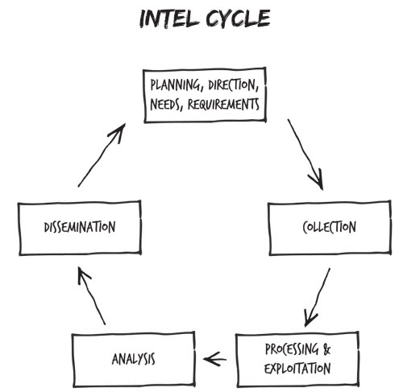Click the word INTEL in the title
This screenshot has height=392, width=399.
(x=168, y=19)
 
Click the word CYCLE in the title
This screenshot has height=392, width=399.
(x=238, y=19)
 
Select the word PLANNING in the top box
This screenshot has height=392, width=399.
(x=175, y=85)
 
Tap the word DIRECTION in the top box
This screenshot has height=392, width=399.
(x=231, y=85)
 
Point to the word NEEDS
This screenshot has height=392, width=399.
(x=164, y=104)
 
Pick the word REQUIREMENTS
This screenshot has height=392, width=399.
(x=223, y=104)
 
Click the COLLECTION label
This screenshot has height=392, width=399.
(x=329, y=227)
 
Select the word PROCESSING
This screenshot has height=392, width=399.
(x=292, y=349)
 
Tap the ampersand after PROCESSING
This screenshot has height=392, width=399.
(x=327, y=349)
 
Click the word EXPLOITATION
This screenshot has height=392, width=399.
(x=297, y=368)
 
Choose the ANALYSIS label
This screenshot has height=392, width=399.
(x=133, y=359)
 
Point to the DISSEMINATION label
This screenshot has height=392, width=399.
(x=80, y=227)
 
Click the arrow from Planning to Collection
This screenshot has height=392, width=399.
(x=305, y=155)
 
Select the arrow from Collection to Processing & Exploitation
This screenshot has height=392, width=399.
(x=317, y=297)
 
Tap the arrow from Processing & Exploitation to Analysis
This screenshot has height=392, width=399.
(x=214, y=359)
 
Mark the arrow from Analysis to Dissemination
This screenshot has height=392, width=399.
(x=91, y=295)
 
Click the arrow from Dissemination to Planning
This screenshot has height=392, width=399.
(x=102, y=155)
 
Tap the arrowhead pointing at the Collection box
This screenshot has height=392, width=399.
(x=318, y=179)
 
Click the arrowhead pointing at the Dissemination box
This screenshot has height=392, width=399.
(x=83, y=274)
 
